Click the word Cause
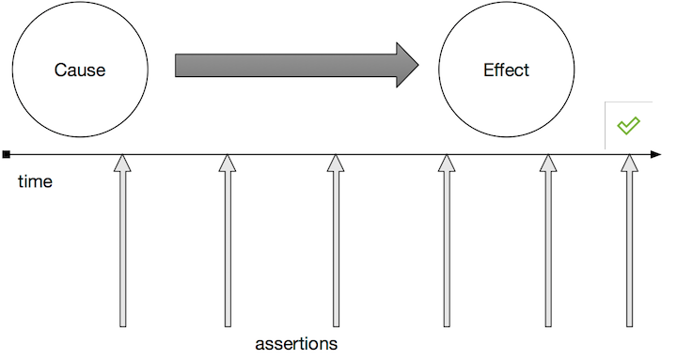pos(80,70)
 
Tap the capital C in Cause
pos(59,70)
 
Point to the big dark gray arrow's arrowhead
pos(407,65)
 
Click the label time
pos(35,181)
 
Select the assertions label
pos(296,344)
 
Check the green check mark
pos(628,125)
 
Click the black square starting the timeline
pos(7,154)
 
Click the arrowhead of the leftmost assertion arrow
pos(122,164)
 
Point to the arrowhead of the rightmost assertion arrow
pos(629,164)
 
